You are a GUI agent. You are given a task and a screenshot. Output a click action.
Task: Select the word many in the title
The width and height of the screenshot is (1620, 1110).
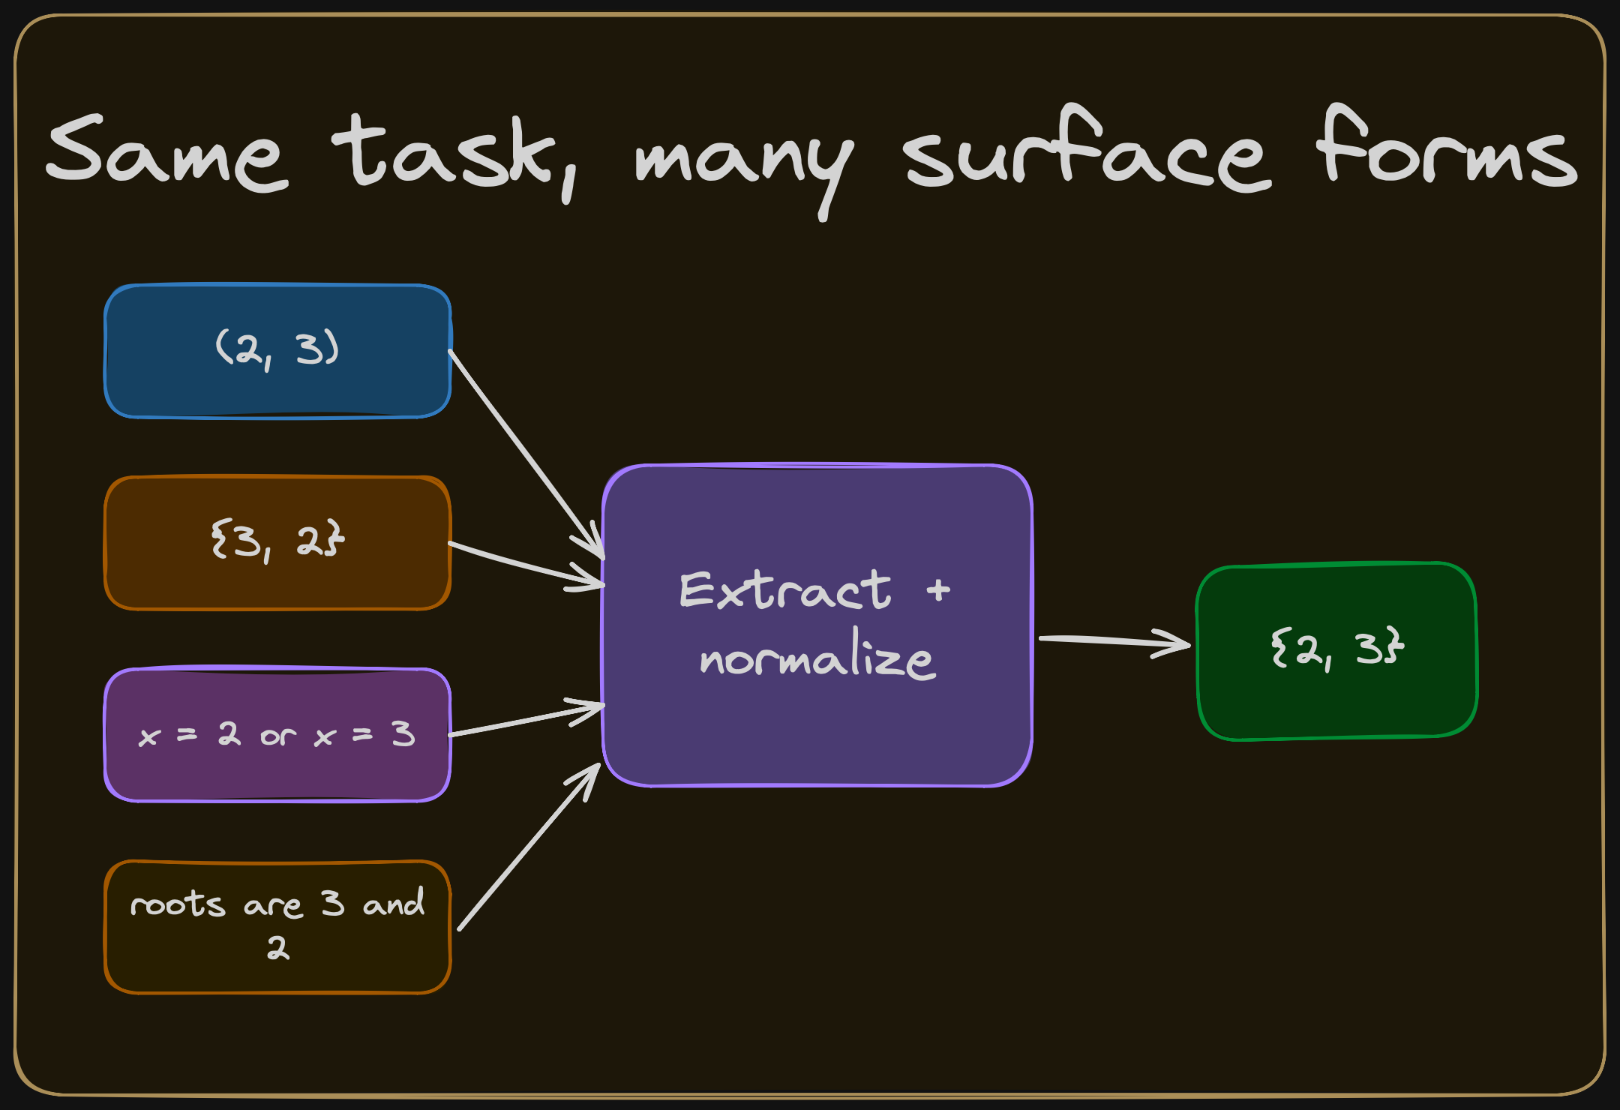point(742,161)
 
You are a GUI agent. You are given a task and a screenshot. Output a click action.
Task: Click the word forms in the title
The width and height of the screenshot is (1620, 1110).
point(1447,150)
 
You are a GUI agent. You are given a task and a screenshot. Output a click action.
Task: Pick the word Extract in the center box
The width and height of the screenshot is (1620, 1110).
point(784,590)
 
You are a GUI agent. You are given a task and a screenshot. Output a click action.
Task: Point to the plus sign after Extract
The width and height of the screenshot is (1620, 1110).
point(938,590)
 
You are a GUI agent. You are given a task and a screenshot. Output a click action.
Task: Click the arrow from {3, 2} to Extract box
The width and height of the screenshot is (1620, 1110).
point(525,564)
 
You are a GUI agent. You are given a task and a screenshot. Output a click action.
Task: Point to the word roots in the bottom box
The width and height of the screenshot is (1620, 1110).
point(178,904)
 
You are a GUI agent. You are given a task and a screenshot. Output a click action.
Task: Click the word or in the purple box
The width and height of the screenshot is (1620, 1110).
point(277,736)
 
